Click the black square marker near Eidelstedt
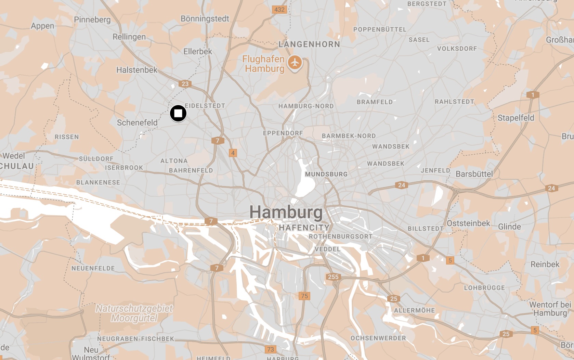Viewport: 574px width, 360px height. pos(178,113)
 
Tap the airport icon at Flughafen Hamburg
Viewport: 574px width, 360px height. pos(295,63)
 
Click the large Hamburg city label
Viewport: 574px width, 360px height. pos(286,212)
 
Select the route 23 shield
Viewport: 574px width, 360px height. pos(185,84)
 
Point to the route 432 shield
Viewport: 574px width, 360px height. pos(279,10)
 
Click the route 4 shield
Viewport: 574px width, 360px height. pos(233,153)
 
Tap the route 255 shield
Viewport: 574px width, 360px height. pos(333,277)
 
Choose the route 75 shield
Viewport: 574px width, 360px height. pos(304,296)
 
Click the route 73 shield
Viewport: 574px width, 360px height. pos(271,349)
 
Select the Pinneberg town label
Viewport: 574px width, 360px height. pos(92,20)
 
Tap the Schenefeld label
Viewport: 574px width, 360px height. pos(137,123)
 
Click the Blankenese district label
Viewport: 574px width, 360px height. pos(98,182)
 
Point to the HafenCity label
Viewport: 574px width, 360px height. pos(304,228)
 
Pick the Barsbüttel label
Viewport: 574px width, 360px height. pos(474,174)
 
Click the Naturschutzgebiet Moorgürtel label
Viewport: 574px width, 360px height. pos(134,313)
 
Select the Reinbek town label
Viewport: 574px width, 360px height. pos(545,264)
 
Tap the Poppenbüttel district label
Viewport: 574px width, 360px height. pos(380,29)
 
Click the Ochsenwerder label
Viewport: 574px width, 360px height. pos(378,338)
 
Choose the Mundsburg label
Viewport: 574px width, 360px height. pos(326,174)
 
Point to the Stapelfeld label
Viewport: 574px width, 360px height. pos(516,118)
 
